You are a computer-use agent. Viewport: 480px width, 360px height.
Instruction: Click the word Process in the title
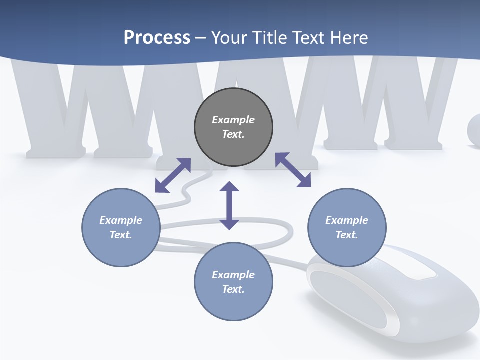pos(157,38)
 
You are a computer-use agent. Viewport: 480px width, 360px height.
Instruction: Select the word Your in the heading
pos(228,38)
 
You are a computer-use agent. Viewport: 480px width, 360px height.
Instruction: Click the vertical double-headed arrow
pos(229,206)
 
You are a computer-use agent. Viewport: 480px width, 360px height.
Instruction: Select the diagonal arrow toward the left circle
pos(173,175)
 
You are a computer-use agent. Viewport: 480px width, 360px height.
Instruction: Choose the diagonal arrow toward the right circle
pos(293,170)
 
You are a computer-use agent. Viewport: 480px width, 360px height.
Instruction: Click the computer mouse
pos(400,300)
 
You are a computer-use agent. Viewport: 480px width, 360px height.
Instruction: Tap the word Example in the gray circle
pos(233,120)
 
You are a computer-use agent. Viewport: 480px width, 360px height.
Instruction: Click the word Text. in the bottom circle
pos(233,289)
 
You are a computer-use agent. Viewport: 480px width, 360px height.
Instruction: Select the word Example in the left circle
pos(121,220)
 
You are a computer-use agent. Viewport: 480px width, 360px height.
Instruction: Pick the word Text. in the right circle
pos(347,235)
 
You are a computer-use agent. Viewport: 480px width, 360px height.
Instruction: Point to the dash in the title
pos(200,38)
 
